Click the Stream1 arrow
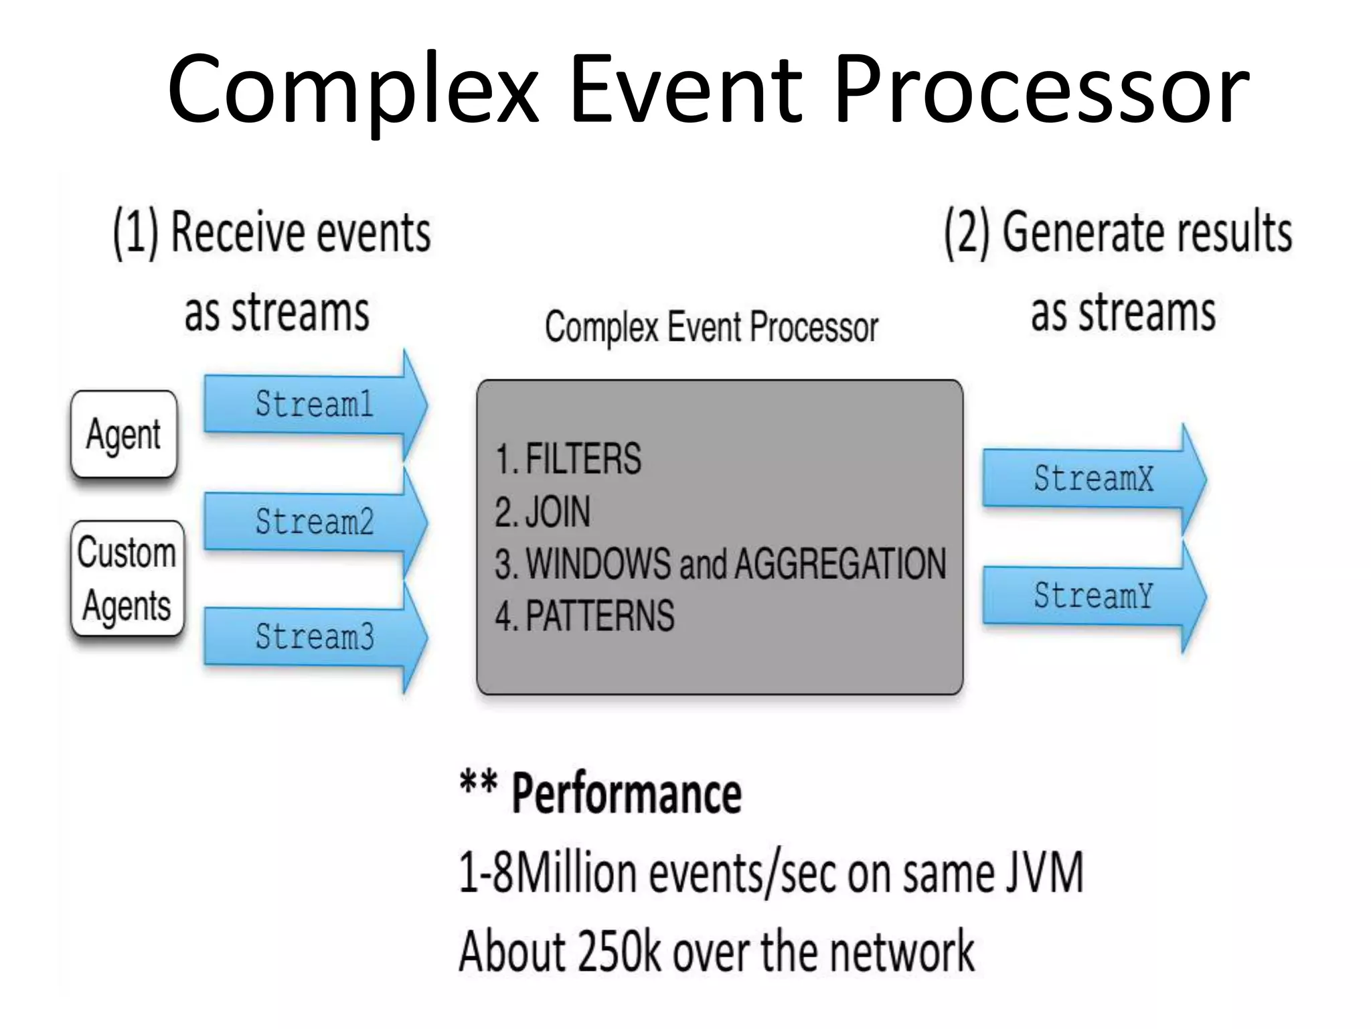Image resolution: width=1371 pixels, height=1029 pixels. [315, 405]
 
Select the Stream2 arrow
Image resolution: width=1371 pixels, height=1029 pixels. [315, 522]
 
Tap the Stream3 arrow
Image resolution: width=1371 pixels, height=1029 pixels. [315, 636]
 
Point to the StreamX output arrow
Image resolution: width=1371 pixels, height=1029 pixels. [1093, 478]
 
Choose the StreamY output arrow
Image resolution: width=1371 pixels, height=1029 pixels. [1093, 596]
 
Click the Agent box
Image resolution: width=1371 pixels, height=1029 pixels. [124, 434]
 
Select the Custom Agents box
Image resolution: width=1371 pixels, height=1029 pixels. [127, 578]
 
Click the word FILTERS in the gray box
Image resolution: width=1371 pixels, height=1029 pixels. [583, 459]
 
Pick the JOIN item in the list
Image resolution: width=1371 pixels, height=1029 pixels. [558, 512]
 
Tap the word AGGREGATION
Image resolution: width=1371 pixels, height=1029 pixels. [840, 563]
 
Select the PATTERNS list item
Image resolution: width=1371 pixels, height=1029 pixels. [600, 616]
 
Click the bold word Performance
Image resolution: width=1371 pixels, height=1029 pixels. [627, 794]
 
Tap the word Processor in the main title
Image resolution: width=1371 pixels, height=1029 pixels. [1041, 90]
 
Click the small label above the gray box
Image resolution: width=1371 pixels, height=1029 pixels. [711, 328]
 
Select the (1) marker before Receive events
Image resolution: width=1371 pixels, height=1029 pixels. [136, 232]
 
